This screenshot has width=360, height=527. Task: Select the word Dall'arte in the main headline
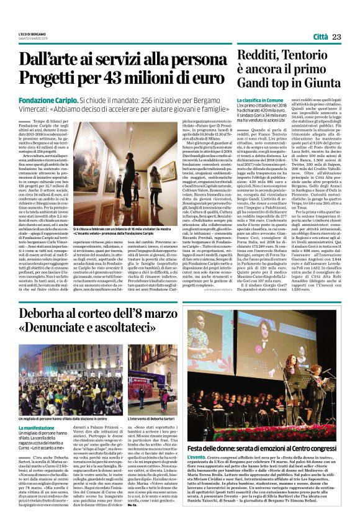click(x=52, y=61)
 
